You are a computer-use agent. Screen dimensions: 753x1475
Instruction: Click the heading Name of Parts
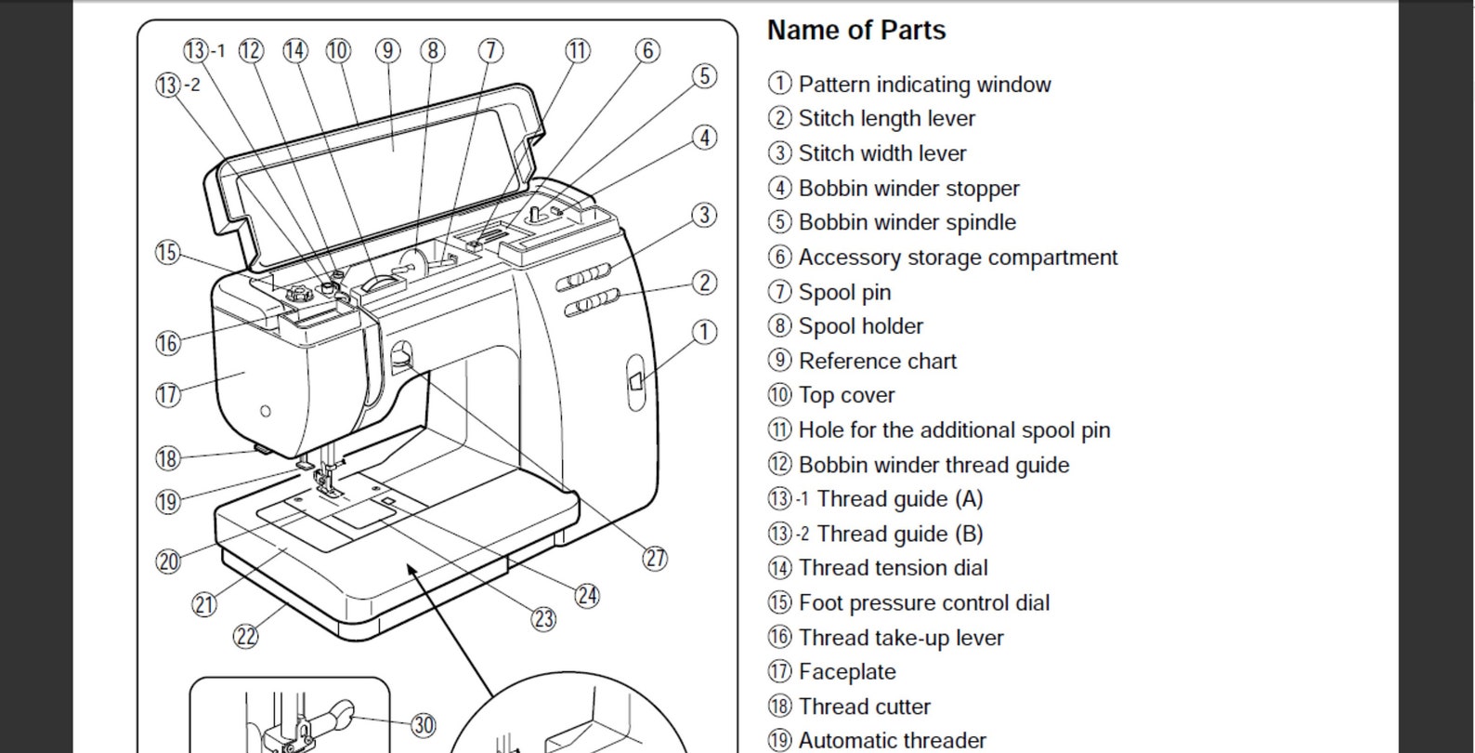855,30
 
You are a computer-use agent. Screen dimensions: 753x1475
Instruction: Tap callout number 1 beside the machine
705,332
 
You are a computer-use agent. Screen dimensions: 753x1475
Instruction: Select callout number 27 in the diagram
655,558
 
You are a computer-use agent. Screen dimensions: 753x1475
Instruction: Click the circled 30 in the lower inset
424,725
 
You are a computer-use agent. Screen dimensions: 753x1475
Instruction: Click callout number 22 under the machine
245,637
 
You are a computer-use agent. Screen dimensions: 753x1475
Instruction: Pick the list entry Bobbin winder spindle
907,222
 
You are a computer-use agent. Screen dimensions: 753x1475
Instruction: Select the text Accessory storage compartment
958,258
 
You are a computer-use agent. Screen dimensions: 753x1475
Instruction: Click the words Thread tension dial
893,568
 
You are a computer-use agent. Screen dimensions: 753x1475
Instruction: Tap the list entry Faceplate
847,672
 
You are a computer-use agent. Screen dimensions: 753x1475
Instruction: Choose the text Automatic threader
892,740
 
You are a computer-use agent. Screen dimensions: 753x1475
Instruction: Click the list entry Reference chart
877,361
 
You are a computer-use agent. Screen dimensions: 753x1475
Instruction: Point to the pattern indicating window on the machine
635,381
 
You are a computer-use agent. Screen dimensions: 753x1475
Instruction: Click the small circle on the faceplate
266,411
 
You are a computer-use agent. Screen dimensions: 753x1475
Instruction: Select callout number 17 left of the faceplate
168,394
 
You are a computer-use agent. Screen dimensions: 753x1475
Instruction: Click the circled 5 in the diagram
705,76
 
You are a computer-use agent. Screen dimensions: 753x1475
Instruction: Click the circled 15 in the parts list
779,603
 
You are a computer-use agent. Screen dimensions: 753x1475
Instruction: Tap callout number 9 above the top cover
388,50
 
